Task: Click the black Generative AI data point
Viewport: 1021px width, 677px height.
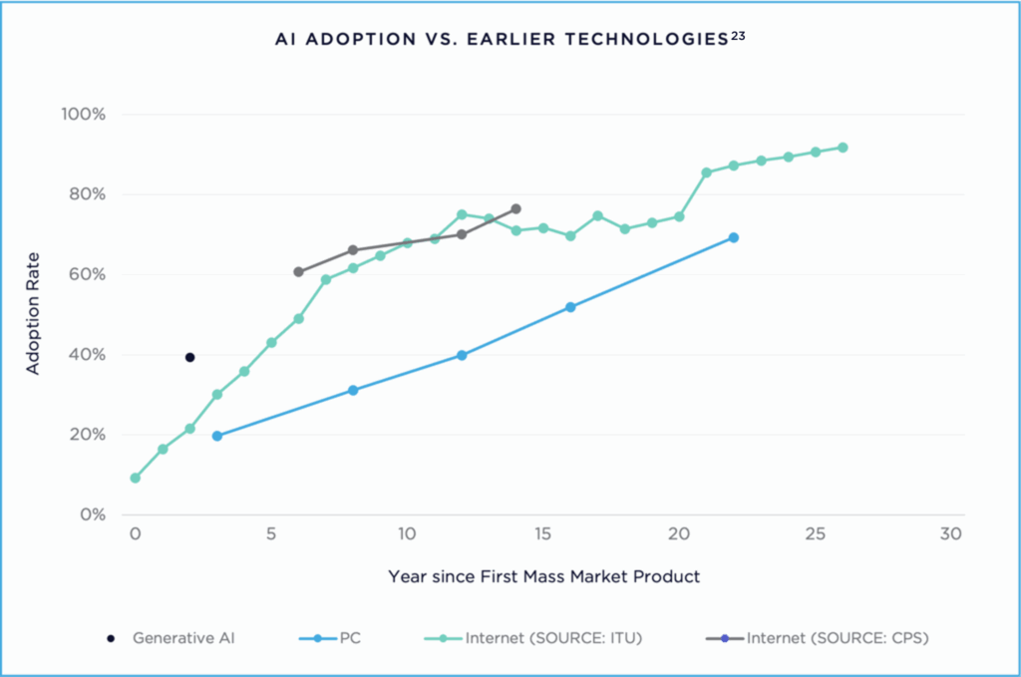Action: coord(189,357)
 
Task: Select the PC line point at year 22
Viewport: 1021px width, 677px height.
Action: coord(734,237)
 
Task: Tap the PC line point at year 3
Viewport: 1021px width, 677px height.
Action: coord(217,436)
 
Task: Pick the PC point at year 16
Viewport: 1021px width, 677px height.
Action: coord(570,307)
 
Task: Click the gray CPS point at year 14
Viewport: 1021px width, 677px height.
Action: coord(515,209)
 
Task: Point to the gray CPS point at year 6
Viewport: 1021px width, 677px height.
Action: coord(298,271)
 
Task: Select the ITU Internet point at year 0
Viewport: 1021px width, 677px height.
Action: coord(136,478)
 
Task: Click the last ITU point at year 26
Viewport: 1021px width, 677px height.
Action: coord(843,148)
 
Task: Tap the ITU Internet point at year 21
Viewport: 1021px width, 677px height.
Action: coord(706,172)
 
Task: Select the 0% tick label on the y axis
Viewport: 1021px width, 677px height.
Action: coord(92,514)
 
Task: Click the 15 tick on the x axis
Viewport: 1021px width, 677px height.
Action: coord(542,534)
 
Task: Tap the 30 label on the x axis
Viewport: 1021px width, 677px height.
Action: coord(950,534)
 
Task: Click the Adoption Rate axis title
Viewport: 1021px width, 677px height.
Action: coord(33,314)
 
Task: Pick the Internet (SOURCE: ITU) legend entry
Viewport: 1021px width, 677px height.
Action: coord(544,638)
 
